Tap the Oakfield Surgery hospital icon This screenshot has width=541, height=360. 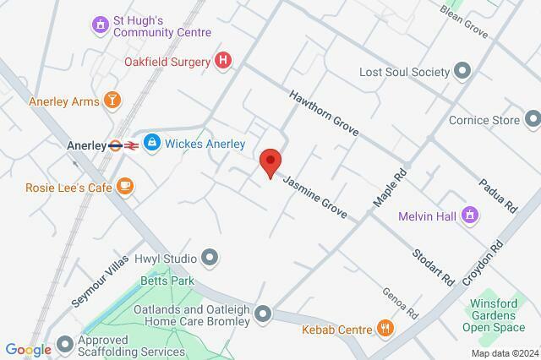[x=223, y=60]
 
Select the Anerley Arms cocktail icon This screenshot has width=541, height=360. [x=112, y=101]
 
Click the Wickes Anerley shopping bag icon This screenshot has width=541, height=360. [x=152, y=144]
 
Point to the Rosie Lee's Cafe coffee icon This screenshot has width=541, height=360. [x=125, y=186]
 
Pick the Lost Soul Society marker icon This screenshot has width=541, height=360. [x=462, y=72]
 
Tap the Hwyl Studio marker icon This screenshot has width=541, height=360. [x=210, y=258]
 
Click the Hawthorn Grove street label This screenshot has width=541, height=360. [x=325, y=113]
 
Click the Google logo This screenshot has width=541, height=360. [x=28, y=350]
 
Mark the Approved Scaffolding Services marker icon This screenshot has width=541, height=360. [x=66, y=345]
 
